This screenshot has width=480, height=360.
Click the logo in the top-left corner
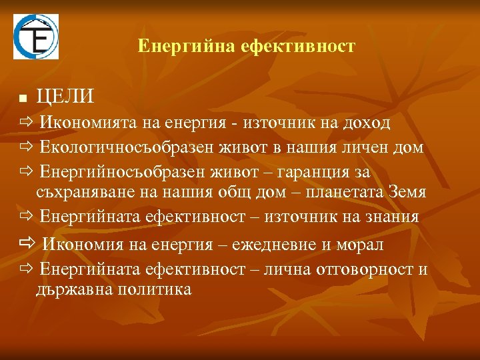click(36, 37)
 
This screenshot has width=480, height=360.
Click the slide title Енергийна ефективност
click(246, 47)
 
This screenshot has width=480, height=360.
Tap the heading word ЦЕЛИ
click(65, 97)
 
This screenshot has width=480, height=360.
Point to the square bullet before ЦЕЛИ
click(23, 99)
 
